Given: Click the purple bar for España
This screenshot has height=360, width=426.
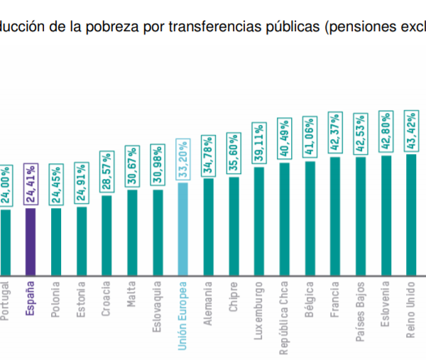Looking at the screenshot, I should pos(30,241).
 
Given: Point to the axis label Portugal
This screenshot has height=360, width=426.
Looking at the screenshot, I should pos(5,298).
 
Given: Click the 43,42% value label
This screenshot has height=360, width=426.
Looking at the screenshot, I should pos(411,132).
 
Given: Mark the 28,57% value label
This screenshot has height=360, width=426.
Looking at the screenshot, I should pos(106,173).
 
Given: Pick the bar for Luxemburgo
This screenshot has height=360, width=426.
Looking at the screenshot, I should pos(259,221).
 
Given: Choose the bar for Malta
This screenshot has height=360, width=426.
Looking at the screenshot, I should pos(132,232).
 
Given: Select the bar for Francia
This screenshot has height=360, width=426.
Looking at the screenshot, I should pos(334,216).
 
